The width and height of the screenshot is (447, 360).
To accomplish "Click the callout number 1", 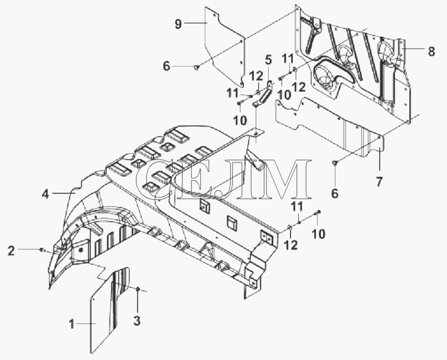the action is [x=71, y=325].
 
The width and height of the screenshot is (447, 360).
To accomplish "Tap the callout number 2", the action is [x=11, y=251].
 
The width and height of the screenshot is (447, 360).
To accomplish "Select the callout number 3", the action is [x=137, y=321].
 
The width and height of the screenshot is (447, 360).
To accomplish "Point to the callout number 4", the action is [x=45, y=194].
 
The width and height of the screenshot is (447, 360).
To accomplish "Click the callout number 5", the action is [x=268, y=60].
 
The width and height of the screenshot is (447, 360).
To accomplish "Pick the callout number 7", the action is [x=379, y=182].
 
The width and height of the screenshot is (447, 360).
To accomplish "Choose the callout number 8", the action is [x=431, y=51].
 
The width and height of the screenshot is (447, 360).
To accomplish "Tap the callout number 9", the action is [x=178, y=24].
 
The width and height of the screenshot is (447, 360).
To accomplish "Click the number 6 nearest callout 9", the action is [x=167, y=66].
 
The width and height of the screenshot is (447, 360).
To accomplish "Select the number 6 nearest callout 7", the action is [x=335, y=193].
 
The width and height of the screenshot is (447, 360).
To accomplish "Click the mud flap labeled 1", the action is [x=110, y=310].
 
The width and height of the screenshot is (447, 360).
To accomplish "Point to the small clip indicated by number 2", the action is [x=42, y=250].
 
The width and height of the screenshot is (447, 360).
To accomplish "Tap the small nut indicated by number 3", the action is [x=138, y=290].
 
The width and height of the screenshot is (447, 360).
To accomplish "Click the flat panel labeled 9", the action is [x=225, y=46].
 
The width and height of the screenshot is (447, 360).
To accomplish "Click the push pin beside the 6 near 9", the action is [x=196, y=67].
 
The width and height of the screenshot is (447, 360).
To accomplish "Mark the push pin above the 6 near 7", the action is [x=335, y=163].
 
